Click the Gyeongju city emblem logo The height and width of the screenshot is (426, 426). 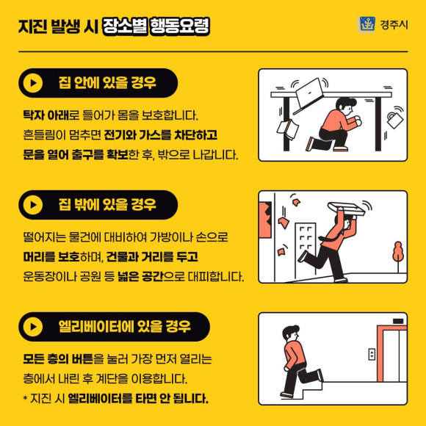(x=367, y=24)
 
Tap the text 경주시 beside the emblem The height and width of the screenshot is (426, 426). (x=394, y=25)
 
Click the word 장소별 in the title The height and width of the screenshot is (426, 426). (x=125, y=26)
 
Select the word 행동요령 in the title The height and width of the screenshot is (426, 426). (x=180, y=26)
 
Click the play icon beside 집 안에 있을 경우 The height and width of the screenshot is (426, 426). (x=33, y=83)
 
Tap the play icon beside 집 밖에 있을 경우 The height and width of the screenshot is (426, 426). (x=33, y=205)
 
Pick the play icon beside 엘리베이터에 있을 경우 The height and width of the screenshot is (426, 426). (x=33, y=327)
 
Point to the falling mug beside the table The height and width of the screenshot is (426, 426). (x=394, y=119)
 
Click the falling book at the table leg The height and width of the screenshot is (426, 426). (x=288, y=129)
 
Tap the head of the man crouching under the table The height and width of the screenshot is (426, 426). (x=346, y=106)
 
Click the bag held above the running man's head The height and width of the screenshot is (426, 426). (x=346, y=209)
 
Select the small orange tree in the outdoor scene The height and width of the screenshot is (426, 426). (x=398, y=256)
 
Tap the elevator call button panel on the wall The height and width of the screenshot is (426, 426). (x=372, y=354)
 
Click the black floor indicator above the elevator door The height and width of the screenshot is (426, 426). (x=398, y=322)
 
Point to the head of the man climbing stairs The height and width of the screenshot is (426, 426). (x=291, y=333)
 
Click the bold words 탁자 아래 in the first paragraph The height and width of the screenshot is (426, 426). (x=46, y=115)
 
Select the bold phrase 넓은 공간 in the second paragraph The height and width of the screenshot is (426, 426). (x=140, y=277)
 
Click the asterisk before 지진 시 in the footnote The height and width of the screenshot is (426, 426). (x=25, y=398)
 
